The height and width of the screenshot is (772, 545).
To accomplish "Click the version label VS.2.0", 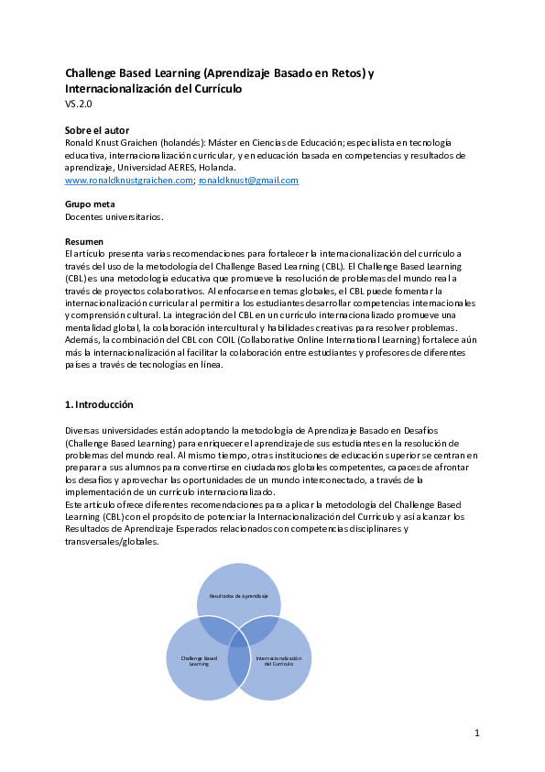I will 78,105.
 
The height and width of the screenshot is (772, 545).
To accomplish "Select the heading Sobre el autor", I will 97,130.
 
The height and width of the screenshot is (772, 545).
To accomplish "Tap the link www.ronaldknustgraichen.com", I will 129,181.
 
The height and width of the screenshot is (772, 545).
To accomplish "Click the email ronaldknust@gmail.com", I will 248,181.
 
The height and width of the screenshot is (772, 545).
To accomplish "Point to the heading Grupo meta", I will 89,204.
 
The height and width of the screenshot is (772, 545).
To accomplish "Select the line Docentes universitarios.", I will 114,216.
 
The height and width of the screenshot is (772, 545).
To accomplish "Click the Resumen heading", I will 84,241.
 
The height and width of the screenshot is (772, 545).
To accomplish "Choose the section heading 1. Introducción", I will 99,404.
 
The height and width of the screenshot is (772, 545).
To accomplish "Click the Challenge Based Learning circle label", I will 199,661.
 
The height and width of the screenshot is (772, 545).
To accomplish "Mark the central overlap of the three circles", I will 239,643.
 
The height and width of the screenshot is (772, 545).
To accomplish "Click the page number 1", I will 477,733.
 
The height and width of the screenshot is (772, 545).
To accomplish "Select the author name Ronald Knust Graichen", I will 118,143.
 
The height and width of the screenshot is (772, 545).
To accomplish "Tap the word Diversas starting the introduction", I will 83,430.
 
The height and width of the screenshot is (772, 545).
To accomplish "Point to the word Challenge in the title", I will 94,73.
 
